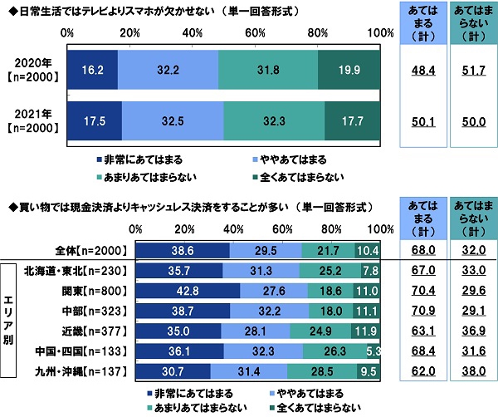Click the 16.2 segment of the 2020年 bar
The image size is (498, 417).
92,71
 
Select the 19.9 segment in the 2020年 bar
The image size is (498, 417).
349,71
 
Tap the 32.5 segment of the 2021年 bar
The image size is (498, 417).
172,121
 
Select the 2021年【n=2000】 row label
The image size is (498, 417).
32,121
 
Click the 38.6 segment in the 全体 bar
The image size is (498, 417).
183,250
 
